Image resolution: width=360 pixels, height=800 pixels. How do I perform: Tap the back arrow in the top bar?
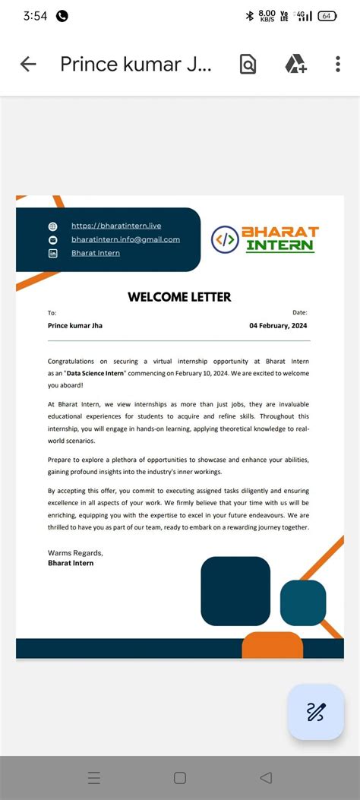point(28,65)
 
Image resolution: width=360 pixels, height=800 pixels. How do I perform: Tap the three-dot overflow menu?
point(338,65)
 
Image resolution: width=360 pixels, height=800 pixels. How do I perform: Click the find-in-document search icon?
point(248,65)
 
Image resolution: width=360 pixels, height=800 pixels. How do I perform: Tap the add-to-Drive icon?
point(295,65)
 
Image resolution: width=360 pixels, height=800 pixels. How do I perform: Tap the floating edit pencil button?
point(316,712)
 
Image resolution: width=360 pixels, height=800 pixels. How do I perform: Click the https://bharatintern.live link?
point(116,226)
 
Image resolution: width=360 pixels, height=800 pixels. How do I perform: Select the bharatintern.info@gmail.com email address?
point(125,239)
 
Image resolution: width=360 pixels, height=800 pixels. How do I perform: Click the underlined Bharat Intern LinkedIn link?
point(96,253)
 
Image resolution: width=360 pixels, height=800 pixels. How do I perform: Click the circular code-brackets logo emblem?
point(224,239)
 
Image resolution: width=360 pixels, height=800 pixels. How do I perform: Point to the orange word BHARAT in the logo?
point(279,232)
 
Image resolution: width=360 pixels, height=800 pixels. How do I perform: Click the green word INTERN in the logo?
point(279,245)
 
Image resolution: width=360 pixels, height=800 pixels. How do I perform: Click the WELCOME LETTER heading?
point(179,297)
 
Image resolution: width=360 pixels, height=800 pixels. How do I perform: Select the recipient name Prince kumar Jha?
point(75,326)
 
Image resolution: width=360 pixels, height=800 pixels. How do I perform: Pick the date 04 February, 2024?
point(278,326)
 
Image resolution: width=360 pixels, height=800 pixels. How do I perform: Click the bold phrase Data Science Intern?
point(95,374)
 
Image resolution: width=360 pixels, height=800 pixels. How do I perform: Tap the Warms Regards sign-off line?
point(75,552)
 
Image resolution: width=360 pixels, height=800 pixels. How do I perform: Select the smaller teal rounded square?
point(303,602)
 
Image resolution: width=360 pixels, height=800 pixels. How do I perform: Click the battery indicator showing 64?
point(327,15)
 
